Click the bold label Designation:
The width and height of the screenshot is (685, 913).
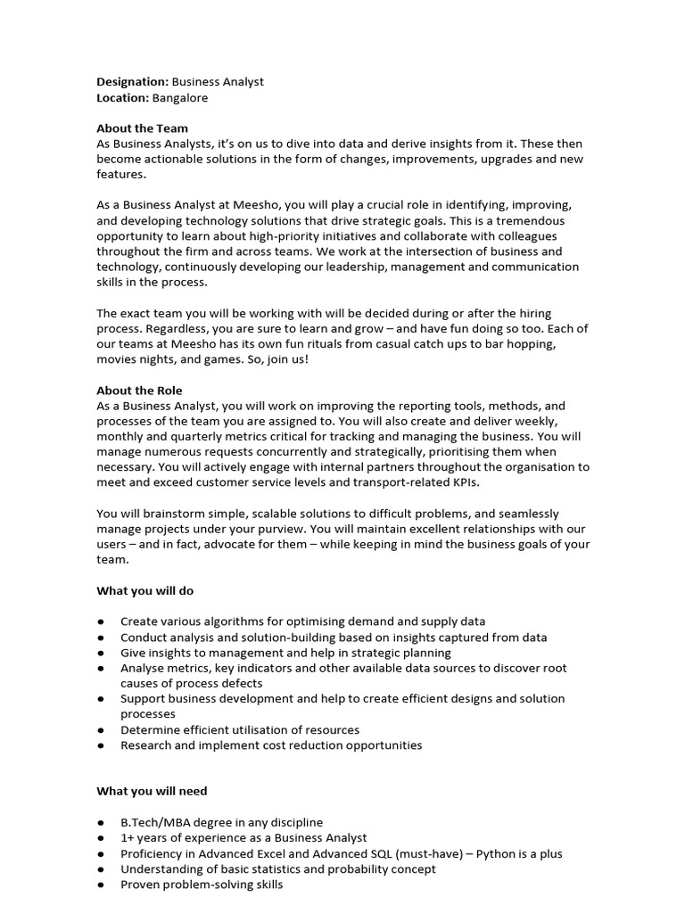132,82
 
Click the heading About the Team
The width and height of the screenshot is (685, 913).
142,128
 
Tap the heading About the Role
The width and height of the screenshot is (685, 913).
139,391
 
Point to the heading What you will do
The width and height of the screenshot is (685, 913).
144,590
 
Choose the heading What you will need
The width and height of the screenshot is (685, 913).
152,791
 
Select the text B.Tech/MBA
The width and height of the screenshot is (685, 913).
156,822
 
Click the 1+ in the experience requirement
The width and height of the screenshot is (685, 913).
128,838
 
